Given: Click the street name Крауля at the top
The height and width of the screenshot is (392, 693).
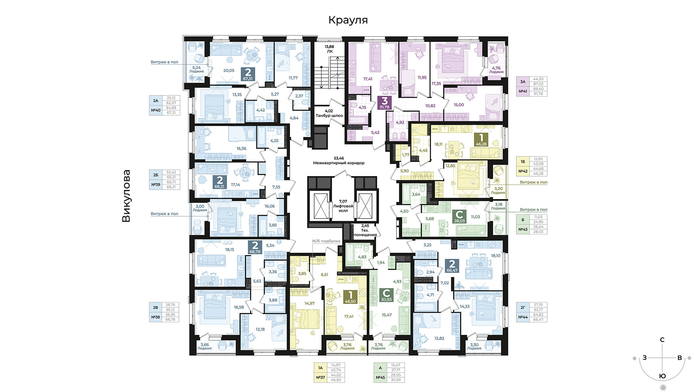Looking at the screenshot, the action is tap(348, 20).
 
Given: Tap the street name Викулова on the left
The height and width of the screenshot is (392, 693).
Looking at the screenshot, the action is tap(126, 196).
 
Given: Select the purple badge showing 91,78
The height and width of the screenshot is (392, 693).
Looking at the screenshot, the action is tap(384, 103).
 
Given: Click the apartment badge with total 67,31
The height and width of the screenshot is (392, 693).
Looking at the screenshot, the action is tap(248, 74).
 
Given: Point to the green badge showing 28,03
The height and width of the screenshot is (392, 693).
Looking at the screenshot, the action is tap(459, 216).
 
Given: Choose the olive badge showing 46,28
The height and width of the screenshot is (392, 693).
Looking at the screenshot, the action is tap(481, 139).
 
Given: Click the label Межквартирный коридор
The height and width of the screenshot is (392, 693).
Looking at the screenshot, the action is tap(339, 163).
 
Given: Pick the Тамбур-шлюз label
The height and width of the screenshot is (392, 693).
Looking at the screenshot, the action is tap(329, 116).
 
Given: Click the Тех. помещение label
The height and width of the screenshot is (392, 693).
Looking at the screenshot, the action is tap(365, 233).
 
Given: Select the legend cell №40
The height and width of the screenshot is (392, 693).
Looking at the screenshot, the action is tap(156, 110).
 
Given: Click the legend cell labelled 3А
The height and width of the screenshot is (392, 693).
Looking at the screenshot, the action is tap(523, 82).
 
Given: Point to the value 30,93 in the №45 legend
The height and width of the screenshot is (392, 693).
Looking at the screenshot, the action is tap(396, 380).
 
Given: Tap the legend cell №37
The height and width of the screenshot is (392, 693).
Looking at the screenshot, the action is tap(321, 378).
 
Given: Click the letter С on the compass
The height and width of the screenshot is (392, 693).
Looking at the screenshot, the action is tap(662, 340).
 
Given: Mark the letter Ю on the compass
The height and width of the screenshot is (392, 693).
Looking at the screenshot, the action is tap(662, 376).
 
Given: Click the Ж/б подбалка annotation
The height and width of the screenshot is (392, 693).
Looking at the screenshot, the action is tap(326, 241).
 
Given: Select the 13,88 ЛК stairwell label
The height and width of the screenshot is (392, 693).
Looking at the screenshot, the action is tap(329, 49).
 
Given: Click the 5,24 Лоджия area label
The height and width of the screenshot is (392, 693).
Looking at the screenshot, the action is tap(196, 69).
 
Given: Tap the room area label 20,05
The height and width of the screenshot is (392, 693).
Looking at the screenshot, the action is tap(229, 70).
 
